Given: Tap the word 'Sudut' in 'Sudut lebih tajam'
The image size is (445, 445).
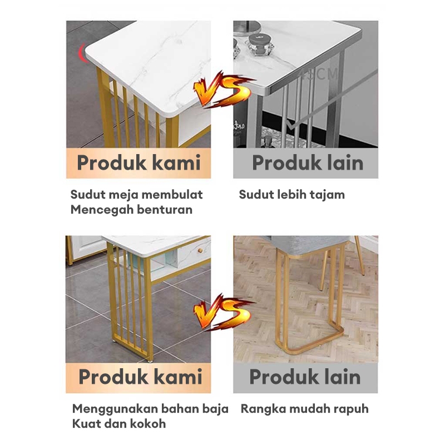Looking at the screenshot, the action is pyautogui.click(x=254, y=195).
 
